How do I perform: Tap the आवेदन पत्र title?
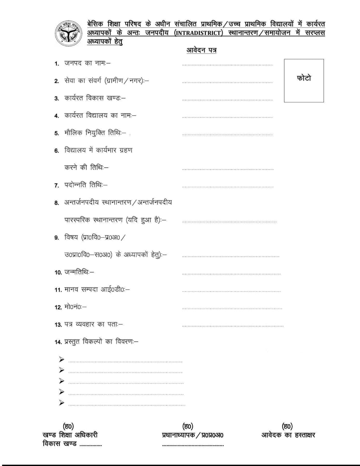click(201, 50)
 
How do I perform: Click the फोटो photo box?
click(304, 80)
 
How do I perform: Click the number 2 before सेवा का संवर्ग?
click(56, 81)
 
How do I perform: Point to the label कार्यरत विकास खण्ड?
click(95, 98)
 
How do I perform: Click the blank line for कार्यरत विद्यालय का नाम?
click(227, 117)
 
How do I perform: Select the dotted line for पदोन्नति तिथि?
click(228, 187)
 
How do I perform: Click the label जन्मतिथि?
click(79, 272)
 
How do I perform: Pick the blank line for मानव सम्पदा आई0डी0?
click(231, 291)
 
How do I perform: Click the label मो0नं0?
click(75, 307)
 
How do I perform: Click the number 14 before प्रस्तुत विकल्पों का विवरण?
click(58, 342)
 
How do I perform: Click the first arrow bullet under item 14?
click(62, 360)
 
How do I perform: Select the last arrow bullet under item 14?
click(62, 403)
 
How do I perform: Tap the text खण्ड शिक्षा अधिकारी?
click(70, 435)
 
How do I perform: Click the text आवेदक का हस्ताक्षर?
click(288, 435)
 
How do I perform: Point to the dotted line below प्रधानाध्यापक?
click(193, 445)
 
